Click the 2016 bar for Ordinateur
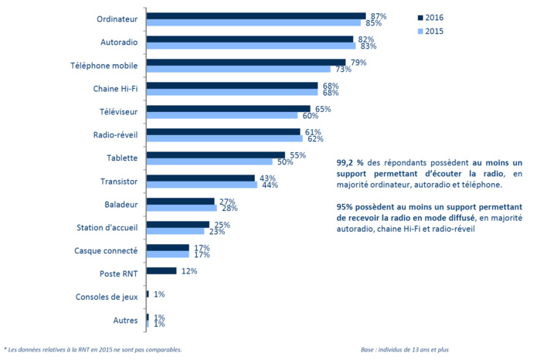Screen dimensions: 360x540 point(256,15)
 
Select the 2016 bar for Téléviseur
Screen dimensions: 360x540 point(228,109)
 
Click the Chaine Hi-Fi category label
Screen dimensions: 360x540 point(115,89)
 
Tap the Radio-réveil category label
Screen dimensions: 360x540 point(116,135)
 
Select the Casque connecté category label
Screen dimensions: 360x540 point(107,251)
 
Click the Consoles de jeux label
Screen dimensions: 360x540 point(107,297)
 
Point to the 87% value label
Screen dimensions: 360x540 point(379,15)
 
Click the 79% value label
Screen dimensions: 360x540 point(358,62)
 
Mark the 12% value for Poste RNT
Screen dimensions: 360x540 point(188,271)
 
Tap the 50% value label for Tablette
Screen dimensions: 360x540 point(284,162)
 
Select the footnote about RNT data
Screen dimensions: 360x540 point(93,349)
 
